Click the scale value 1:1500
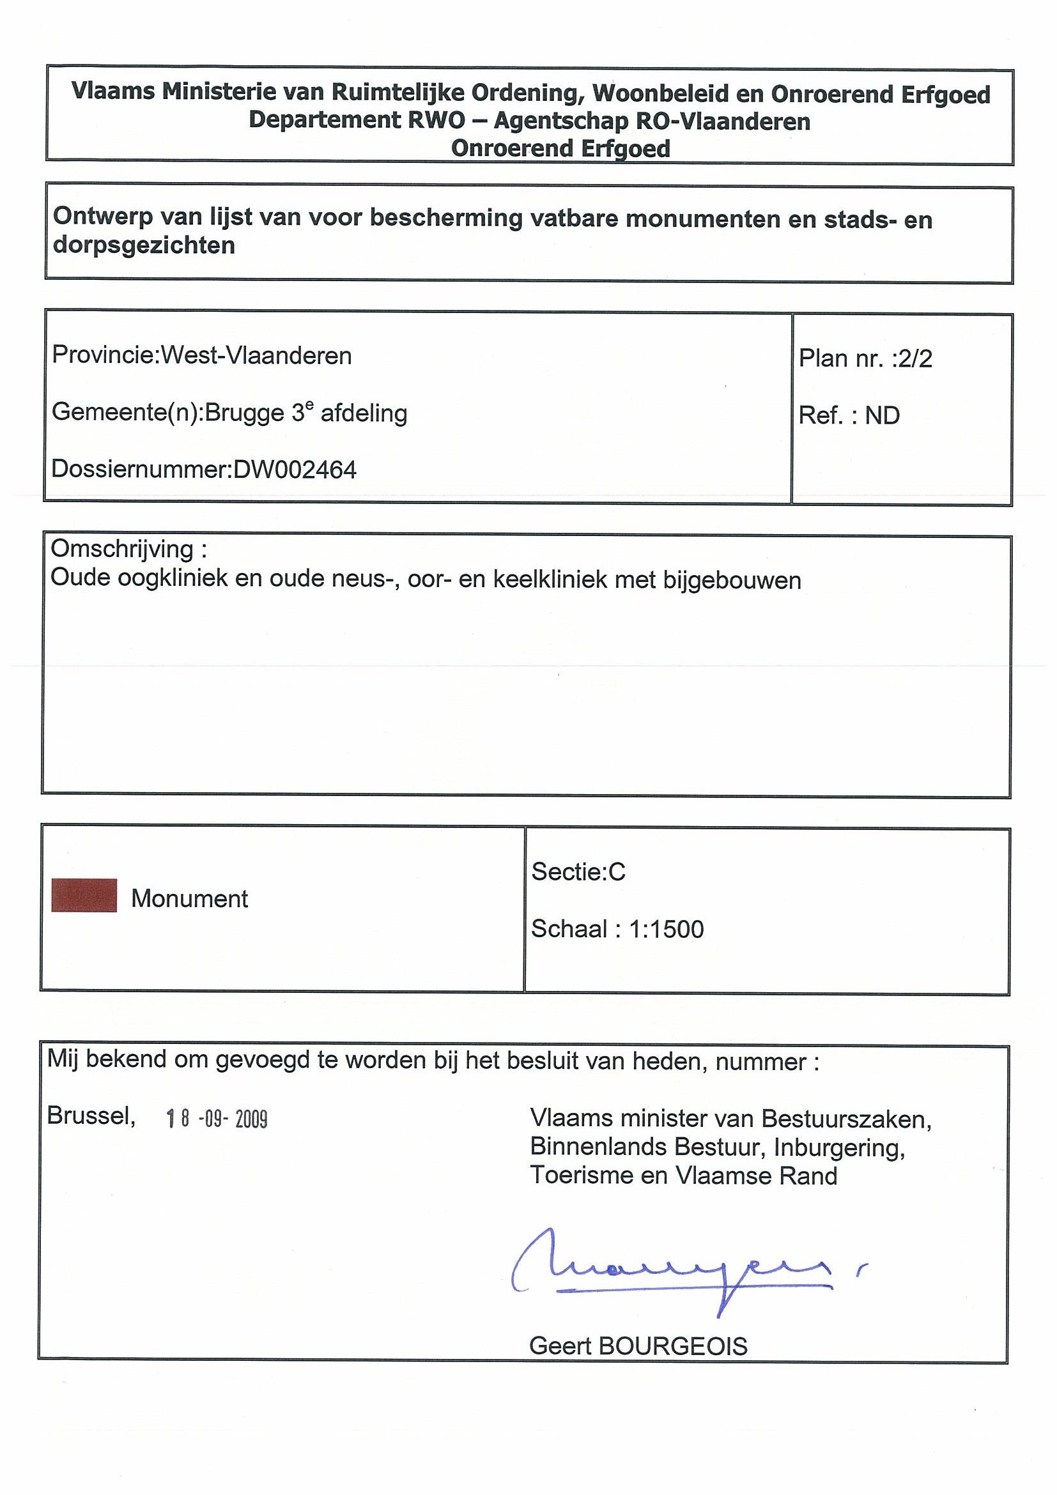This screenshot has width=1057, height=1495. point(666,929)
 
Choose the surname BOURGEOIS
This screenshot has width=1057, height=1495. point(673,1346)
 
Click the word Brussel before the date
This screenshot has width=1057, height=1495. point(91,1116)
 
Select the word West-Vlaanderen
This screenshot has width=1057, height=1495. point(256,355)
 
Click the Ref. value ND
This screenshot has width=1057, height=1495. point(882,415)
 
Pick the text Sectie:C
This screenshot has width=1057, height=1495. point(578,871)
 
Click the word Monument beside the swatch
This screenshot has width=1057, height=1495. point(190,898)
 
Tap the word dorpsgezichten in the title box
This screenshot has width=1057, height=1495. point(144,245)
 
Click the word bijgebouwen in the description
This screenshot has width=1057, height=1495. point(731,579)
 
